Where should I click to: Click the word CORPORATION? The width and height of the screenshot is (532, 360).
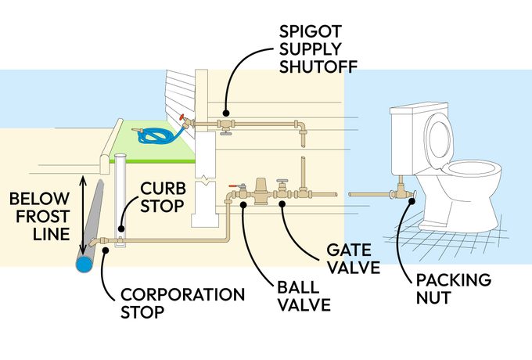[182, 295]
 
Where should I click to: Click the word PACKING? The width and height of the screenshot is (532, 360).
[454, 280]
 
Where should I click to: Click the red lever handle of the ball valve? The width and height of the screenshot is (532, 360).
[235, 188]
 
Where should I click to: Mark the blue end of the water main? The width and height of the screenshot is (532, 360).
[83, 265]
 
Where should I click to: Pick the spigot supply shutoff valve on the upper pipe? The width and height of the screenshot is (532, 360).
[225, 125]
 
